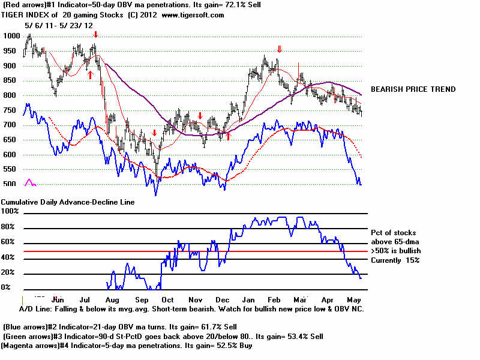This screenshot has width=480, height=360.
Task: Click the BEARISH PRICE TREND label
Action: pyautogui.click(x=413, y=89)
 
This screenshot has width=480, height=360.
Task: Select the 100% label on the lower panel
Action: pyautogui.click(x=10, y=212)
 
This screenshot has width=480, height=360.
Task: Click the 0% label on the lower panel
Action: pyautogui.click(x=6, y=287)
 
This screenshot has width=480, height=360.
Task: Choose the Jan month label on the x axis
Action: pyautogui.click(x=247, y=298)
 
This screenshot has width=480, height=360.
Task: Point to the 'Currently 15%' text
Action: pyautogui.click(x=395, y=260)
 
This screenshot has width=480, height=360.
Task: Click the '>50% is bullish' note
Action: pyautogui.click(x=396, y=250)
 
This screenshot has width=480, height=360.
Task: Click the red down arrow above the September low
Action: pyautogui.click(x=154, y=133)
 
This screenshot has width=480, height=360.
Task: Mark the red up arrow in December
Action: pyautogui.click(x=228, y=136)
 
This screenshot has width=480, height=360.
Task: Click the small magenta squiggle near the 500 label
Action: pyautogui.click(x=29, y=182)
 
